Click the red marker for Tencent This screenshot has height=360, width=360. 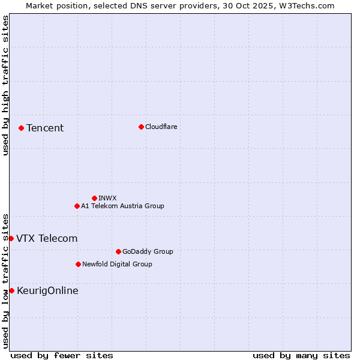click(x=21, y=128)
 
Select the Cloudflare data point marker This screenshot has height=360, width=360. click(x=141, y=127)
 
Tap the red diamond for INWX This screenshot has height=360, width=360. click(x=94, y=198)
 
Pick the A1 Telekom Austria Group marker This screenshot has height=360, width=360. click(x=77, y=206)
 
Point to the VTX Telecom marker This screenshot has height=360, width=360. click(x=11, y=238)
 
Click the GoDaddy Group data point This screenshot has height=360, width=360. click(x=118, y=251)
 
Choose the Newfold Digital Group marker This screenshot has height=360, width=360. click(x=78, y=264)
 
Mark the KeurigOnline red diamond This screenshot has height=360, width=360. click(x=11, y=290)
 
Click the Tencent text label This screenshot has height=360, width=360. click(x=45, y=128)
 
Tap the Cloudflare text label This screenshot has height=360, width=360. click(x=161, y=127)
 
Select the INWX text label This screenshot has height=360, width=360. click(x=107, y=198)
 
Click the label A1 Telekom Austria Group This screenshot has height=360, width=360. click(x=122, y=206)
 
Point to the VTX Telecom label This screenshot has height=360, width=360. click(x=47, y=238)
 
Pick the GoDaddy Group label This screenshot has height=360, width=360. click(x=147, y=251)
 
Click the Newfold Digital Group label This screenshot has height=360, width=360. click(x=117, y=264)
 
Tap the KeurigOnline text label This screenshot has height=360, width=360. click(x=47, y=290)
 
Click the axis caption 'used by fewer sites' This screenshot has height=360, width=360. click(x=62, y=355)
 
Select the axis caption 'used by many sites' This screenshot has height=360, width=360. click(x=301, y=355)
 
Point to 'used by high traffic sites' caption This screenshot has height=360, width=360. click(x=5, y=85)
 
